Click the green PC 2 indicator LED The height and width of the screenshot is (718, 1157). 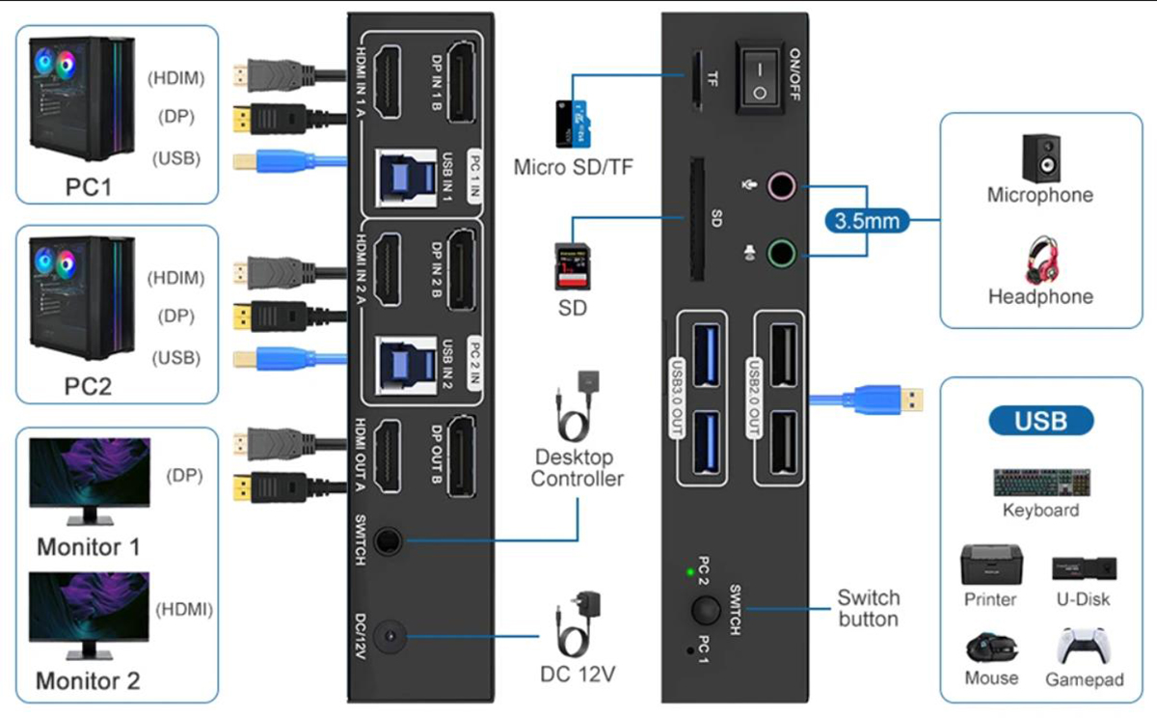tap(690, 572)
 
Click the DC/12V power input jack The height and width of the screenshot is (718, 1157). tap(390, 637)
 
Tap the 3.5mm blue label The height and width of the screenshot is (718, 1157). tap(868, 221)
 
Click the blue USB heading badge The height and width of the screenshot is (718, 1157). tap(1041, 421)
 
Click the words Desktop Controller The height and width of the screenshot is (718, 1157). tap(576, 467)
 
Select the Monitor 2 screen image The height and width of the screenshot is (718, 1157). tap(89, 606)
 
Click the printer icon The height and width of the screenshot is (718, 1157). tap(991, 564)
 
